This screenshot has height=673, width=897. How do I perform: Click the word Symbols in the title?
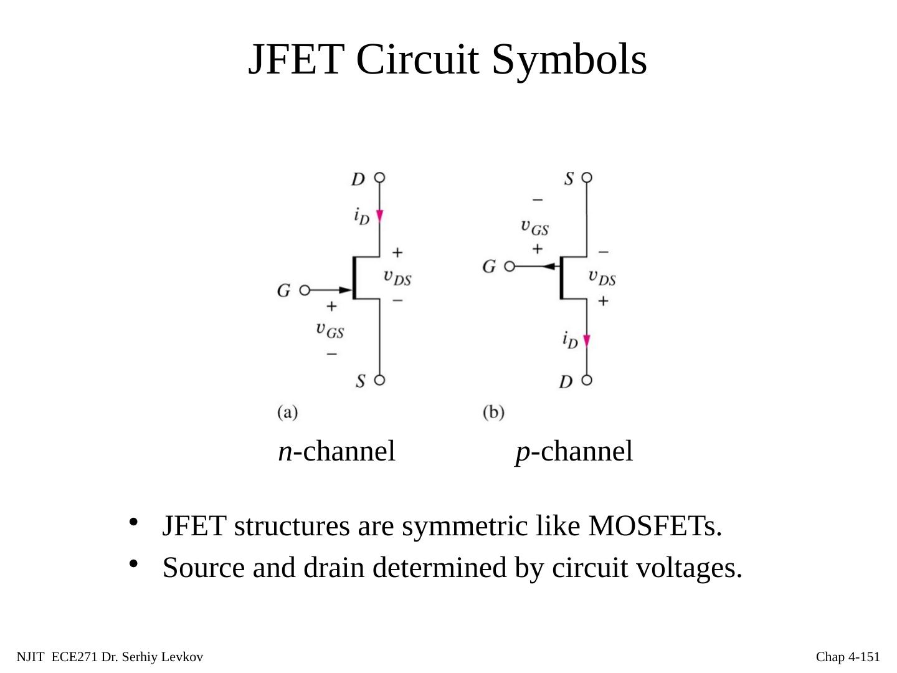tap(569, 60)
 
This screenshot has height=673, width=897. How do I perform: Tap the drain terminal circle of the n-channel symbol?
tap(379, 178)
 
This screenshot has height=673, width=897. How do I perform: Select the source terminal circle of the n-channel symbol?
tap(379, 379)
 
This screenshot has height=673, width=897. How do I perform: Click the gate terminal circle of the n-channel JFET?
tap(305, 290)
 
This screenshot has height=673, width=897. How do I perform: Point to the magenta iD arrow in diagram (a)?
tap(379, 216)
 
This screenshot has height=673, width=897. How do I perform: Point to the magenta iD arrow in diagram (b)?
tap(586, 341)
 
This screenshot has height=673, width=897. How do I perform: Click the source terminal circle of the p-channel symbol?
tap(586, 178)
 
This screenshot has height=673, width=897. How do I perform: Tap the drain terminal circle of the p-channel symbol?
tap(586, 379)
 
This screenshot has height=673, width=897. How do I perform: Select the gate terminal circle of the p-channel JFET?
tap(510, 267)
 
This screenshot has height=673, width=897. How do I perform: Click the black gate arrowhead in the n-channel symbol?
tap(344, 290)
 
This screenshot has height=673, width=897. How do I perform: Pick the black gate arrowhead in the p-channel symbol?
tap(548, 267)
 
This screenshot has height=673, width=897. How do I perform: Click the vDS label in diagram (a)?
tap(397, 277)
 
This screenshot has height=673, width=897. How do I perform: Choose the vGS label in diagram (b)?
tap(534, 227)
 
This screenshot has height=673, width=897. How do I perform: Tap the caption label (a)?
tap(287, 412)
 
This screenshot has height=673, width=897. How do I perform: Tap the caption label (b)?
tap(493, 412)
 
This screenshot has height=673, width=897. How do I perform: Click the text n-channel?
tap(336, 451)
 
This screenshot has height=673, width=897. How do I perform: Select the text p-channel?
tap(574, 451)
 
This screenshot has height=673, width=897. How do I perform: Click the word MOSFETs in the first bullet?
tap(654, 527)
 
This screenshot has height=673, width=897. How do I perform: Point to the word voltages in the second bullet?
tap(695, 568)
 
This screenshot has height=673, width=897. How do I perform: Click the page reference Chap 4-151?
tap(848, 657)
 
